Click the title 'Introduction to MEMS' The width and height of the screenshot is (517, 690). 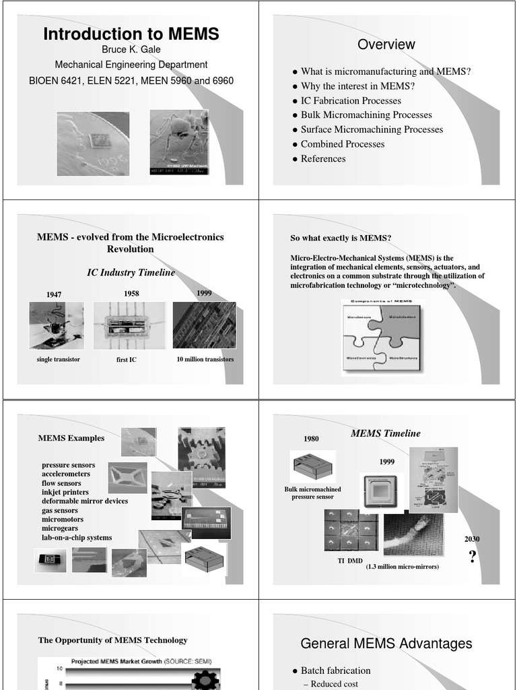[131, 34]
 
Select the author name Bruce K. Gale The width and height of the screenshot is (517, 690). [131, 50]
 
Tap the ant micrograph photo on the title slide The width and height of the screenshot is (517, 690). [179, 142]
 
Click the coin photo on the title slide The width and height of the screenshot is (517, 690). [93, 144]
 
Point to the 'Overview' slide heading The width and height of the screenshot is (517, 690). [386, 44]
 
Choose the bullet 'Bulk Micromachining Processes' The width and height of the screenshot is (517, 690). [366, 115]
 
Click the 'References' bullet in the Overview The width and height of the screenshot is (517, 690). [323, 159]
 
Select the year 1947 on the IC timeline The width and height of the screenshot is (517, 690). [54, 294]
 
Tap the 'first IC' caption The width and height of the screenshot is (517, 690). [126, 360]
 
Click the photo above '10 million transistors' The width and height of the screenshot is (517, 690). [205, 325]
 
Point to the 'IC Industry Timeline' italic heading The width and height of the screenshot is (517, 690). [131, 273]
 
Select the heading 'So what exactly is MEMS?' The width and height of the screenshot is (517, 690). [341, 239]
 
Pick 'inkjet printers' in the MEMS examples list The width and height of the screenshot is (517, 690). [65, 493]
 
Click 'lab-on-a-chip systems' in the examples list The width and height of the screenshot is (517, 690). [77, 538]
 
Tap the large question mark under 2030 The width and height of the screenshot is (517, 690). [472, 557]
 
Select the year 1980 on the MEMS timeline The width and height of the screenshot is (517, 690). [311, 439]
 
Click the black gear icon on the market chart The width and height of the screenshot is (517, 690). [205, 681]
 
